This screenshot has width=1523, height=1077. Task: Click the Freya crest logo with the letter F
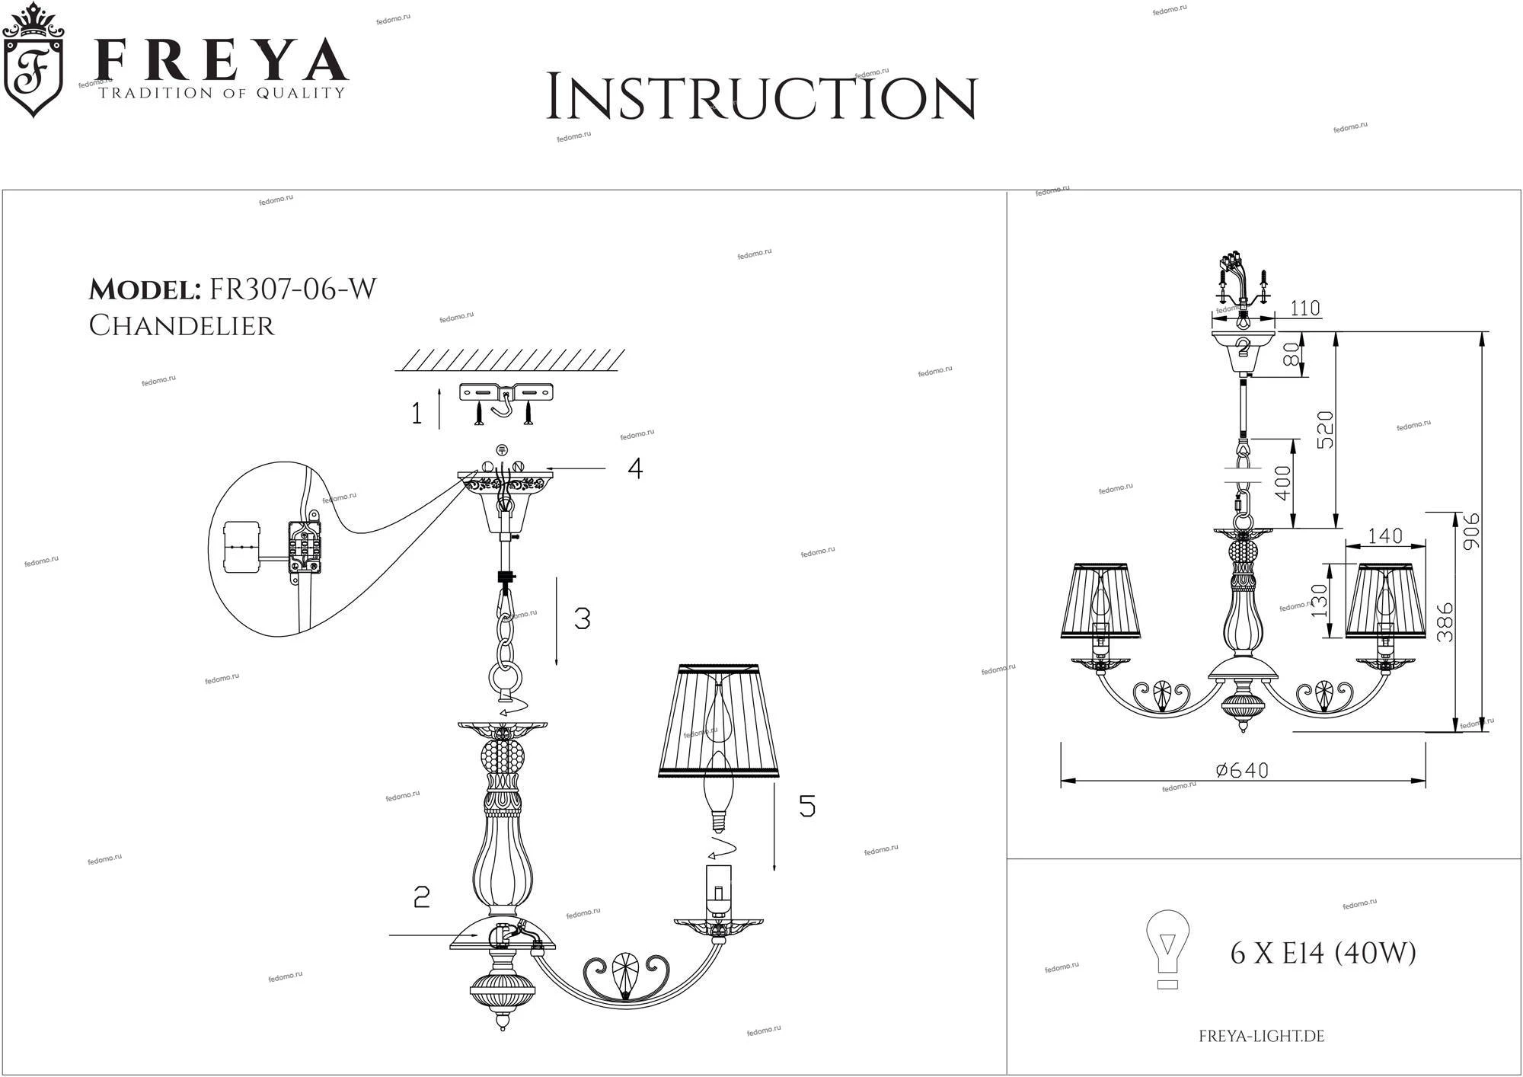[34, 66]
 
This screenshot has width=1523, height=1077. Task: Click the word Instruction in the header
[761, 97]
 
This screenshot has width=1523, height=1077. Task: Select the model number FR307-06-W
[292, 289]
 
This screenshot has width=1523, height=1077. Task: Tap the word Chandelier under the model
[181, 325]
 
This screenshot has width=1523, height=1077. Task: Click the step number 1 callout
[417, 414]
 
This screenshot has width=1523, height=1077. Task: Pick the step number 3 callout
[582, 618]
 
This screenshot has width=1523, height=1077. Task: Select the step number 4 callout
[634, 468]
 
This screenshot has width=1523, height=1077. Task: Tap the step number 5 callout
[806, 806]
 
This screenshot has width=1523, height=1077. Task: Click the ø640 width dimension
[1242, 770]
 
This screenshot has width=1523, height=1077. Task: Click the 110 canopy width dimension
[1305, 308]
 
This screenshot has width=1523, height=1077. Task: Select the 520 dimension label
[1325, 430]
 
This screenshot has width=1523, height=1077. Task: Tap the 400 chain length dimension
[1282, 483]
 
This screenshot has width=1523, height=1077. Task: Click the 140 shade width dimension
[1384, 536]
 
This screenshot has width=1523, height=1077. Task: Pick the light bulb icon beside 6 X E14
[1167, 949]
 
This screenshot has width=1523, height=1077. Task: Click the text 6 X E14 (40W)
[1323, 953]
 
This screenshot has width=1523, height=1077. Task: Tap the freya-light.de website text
[1261, 1037]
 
